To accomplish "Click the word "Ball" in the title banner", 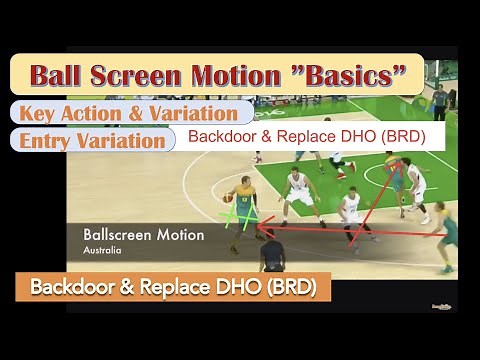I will coord(63,74).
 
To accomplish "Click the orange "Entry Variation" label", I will coord(91,141).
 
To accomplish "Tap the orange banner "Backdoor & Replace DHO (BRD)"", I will coord(173,288).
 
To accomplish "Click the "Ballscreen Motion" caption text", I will coord(144,235).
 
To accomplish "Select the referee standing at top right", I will coord(438,100).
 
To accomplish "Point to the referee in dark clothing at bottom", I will coord(271,256).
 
